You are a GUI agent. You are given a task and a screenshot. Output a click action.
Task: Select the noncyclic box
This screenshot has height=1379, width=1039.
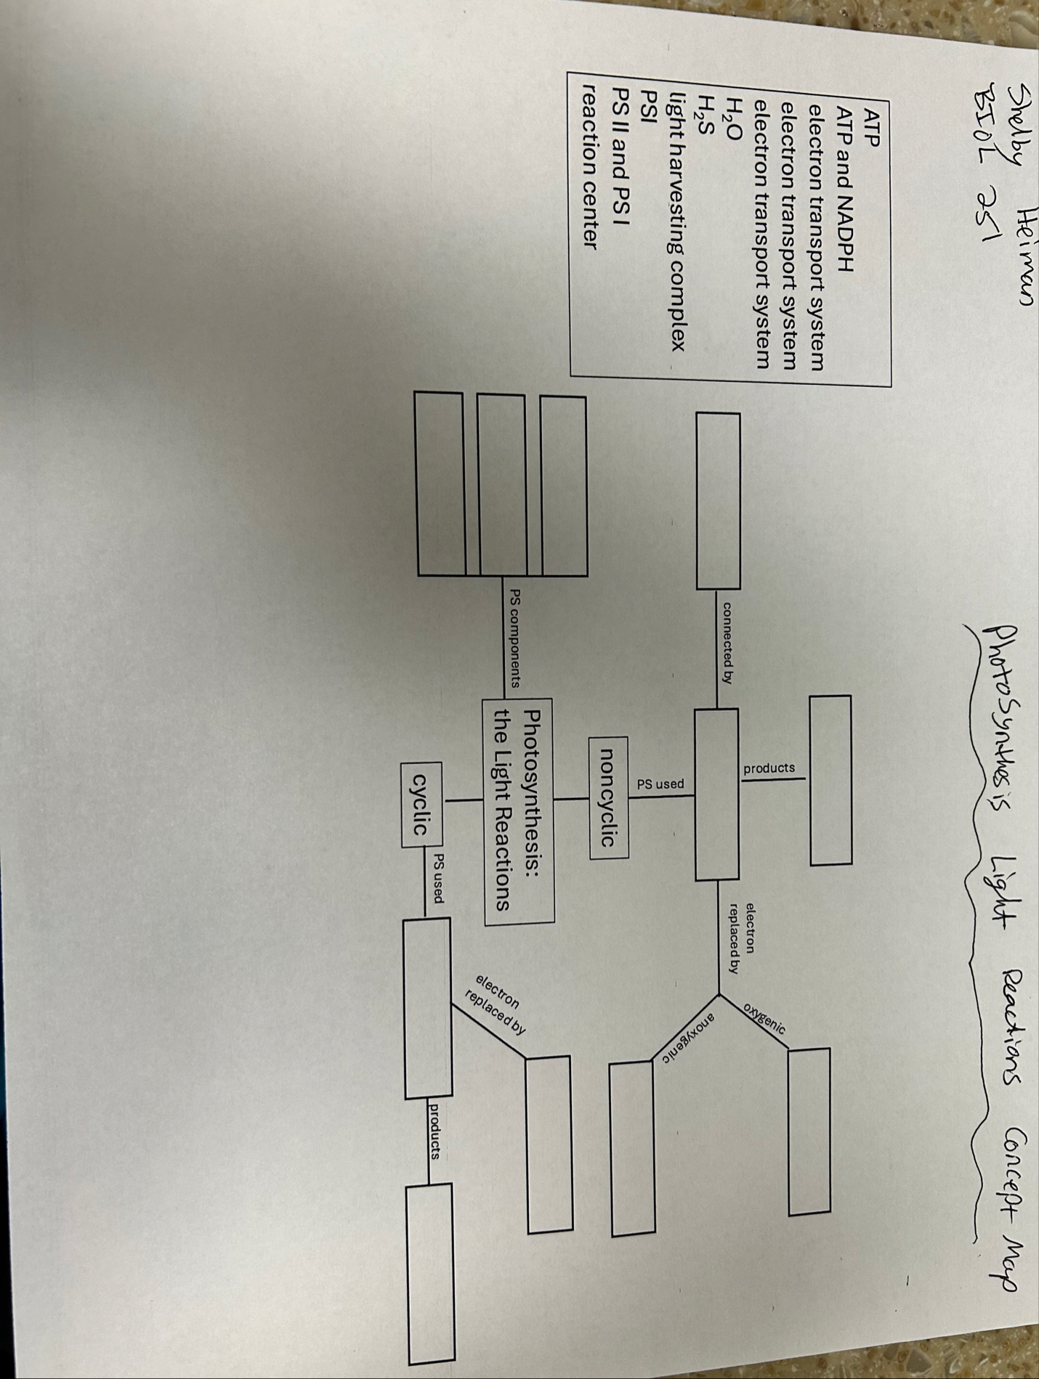click(608, 797)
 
